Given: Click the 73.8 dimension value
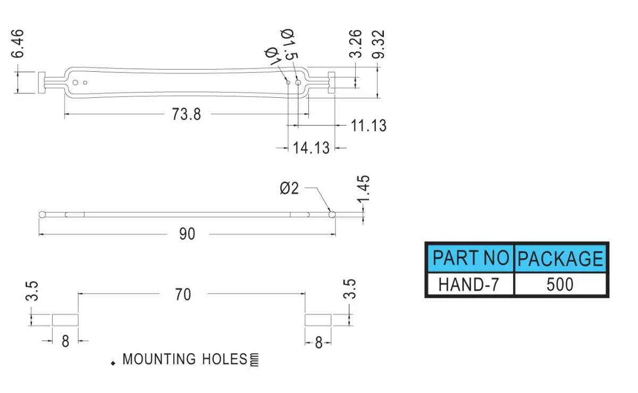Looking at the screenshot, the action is point(186,114).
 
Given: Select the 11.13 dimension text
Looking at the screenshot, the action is point(368,126).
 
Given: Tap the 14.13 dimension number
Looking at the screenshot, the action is point(311,148).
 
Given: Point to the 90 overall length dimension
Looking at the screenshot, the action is point(187,234).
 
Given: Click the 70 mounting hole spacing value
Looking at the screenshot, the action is point(183,295).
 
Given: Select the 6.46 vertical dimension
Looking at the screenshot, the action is point(18,44).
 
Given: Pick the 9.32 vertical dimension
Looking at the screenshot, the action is point(378,45).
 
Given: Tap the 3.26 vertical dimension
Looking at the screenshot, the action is point(356,44).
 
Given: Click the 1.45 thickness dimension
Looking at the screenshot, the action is point(364,189).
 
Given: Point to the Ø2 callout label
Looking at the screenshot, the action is point(289,188).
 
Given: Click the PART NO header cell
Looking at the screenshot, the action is point(471,258).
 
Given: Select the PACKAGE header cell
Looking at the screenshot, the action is point(560,258).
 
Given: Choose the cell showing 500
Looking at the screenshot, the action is point(560,285).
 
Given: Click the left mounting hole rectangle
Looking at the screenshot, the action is point(65,320).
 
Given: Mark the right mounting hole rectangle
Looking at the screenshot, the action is point(318,320).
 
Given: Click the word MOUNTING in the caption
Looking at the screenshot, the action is point(159,359).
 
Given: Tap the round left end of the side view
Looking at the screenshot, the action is point(42,215).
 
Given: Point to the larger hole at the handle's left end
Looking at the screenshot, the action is point(75,82).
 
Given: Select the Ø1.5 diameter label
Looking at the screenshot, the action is point(289,44).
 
